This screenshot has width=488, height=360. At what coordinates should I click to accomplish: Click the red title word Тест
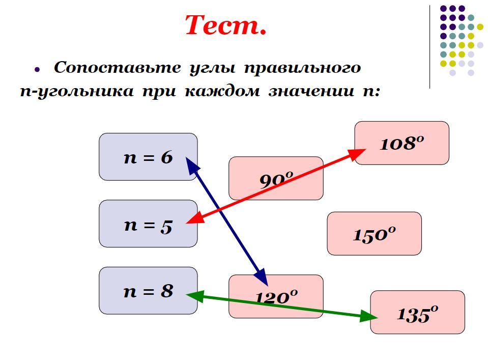click(225, 25)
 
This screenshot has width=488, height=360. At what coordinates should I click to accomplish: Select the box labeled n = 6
click(148, 157)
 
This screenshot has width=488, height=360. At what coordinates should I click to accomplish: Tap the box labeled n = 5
click(148, 224)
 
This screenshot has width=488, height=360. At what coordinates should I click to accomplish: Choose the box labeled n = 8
click(148, 291)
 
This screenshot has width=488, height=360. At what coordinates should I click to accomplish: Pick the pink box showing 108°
click(401, 143)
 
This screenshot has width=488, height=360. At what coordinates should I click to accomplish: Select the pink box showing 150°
click(374, 234)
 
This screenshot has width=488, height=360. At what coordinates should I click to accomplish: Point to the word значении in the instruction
click(310, 92)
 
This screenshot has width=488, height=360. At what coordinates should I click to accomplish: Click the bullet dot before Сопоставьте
click(37, 69)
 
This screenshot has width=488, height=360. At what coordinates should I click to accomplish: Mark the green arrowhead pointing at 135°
click(370, 317)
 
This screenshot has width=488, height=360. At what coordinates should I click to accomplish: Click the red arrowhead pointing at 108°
click(358, 152)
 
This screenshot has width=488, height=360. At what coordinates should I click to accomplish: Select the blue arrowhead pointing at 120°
click(263, 279)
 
